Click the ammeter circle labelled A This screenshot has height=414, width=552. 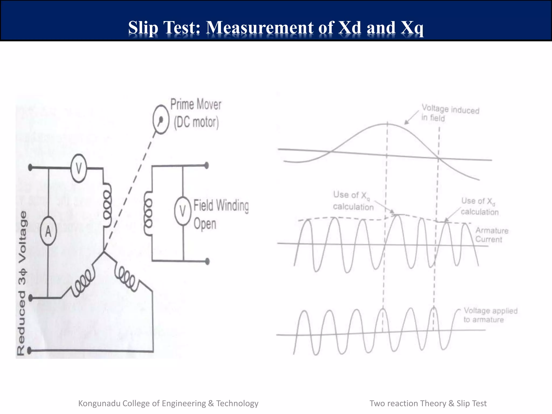point(48,231)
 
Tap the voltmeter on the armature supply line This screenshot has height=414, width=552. point(79,168)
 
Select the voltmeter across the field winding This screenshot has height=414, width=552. point(183,211)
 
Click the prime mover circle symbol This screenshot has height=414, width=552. point(161,119)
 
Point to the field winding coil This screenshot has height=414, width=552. point(148,213)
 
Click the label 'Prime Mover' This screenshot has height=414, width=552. point(196,104)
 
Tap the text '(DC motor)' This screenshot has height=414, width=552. point(196,122)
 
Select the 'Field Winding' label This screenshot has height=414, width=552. point(221,206)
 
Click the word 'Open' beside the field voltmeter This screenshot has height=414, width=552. point(205,224)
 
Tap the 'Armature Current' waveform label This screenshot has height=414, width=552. point(492,235)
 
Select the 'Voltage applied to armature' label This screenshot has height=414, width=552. point(490,315)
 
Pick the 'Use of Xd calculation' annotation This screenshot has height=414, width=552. point(479,206)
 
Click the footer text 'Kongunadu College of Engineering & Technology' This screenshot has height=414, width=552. point(168,403)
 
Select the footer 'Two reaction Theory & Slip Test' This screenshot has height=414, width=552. point(428,403)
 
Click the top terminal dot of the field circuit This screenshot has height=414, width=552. point(207,165)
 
